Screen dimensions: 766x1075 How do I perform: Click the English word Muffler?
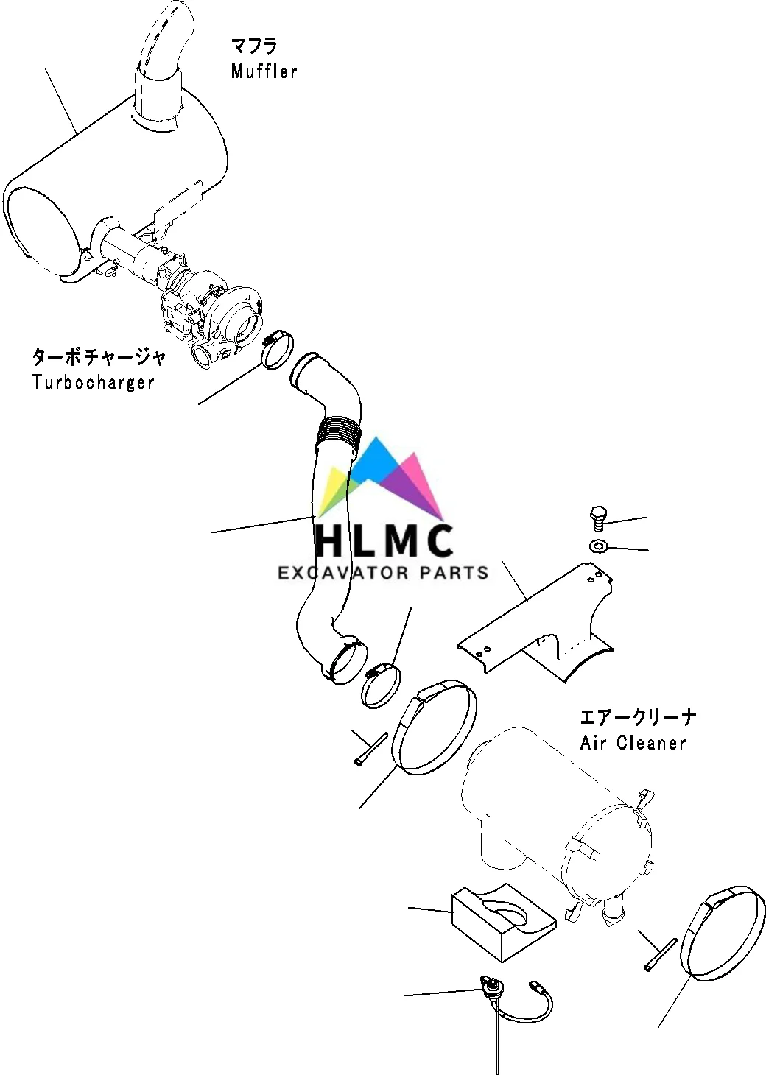264,71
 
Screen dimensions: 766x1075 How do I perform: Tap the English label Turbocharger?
93,382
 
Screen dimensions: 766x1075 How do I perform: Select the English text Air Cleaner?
633,742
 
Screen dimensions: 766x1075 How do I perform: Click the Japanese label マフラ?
254,46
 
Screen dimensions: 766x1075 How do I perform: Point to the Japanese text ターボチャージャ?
98,357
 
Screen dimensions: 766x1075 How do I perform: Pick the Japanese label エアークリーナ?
638,716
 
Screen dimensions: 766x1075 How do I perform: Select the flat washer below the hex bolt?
597,546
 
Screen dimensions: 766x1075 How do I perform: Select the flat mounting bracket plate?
536,622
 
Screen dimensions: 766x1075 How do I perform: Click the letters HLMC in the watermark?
384,540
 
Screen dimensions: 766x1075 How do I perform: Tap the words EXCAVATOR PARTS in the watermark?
383,572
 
